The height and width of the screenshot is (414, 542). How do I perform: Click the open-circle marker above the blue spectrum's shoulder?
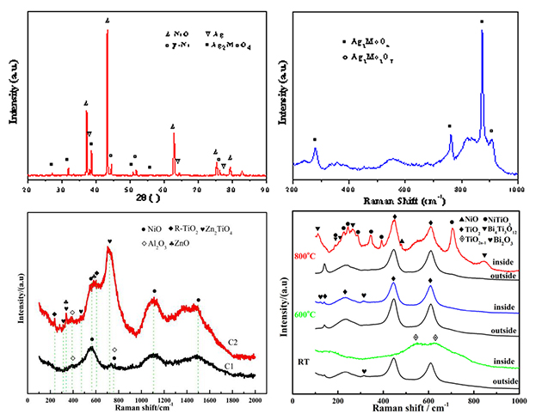click(491, 131)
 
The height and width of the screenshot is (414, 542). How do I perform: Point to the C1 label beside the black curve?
click(230, 367)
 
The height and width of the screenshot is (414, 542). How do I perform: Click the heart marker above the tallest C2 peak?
click(109, 241)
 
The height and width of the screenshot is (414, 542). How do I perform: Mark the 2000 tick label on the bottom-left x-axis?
click(255, 400)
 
